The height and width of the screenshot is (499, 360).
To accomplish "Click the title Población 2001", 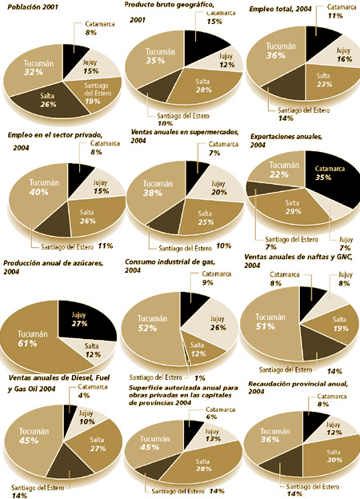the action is click(x=33, y=6).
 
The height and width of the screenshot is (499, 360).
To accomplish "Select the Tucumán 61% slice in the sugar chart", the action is click(x=32, y=341).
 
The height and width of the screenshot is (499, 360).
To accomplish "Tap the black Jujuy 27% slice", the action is click(x=86, y=320).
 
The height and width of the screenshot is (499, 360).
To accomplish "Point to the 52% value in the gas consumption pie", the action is click(x=147, y=328).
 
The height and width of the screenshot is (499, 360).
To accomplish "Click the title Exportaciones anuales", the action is click(x=286, y=137).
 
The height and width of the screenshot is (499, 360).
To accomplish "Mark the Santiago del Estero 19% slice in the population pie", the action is click(x=98, y=94).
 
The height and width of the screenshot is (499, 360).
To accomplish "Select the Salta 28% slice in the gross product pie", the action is click(x=204, y=86).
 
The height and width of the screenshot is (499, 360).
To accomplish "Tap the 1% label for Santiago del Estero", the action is click(x=199, y=378).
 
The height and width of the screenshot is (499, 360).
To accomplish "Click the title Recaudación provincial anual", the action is click(x=298, y=384).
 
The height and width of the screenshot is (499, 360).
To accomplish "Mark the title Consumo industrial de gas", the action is click(x=170, y=262).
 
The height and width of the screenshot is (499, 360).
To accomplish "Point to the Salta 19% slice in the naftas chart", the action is click(x=338, y=325).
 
